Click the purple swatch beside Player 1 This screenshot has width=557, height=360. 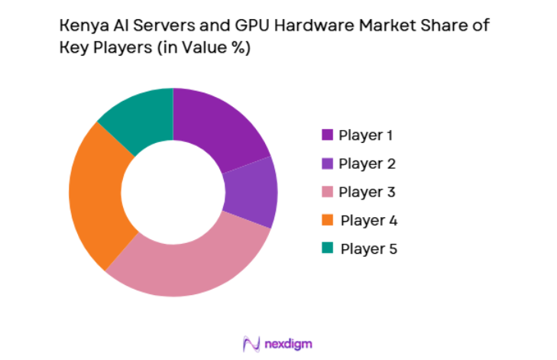click(x=328, y=135)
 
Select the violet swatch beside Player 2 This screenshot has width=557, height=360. click(x=328, y=164)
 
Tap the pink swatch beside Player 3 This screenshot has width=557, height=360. click(x=328, y=192)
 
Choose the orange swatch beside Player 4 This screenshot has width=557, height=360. click(x=328, y=220)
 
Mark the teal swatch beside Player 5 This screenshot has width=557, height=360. click(x=328, y=248)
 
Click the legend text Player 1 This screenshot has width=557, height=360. click(x=366, y=135)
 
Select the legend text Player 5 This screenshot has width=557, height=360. click(x=368, y=248)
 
